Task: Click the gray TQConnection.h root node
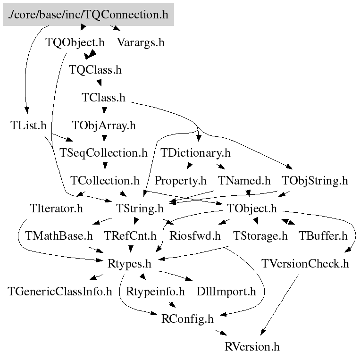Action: coord(88,15)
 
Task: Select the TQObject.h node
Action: coord(75,42)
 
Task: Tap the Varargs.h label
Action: coord(141,42)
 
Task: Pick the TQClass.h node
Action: coord(95,70)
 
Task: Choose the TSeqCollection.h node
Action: coord(103,153)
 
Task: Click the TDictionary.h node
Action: coord(195,153)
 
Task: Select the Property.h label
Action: coord(181,180)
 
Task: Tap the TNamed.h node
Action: coord(244,180)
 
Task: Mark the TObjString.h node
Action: coord(315,180)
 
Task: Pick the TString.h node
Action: coord(140,208)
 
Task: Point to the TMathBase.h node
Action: coord(59,235)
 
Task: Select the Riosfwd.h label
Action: coord(195,235)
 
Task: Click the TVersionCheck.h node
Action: coord(305,263)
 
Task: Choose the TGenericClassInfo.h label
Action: coord(60,291)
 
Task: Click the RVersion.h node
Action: coord(252,347)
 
